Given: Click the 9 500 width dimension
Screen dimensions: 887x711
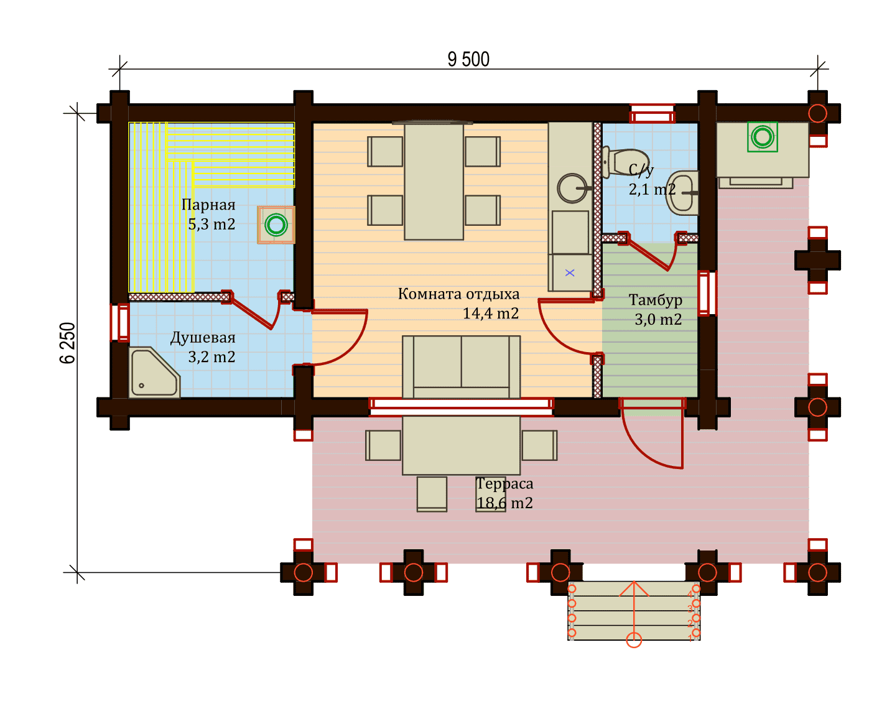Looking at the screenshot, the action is [468, 59].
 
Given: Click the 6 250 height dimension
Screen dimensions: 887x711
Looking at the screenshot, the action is [68, 343].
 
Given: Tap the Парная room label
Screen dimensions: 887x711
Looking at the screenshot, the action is [208, 205].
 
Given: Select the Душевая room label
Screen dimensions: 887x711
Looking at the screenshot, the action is [203, 338].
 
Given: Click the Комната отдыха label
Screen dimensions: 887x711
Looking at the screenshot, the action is [458, 294].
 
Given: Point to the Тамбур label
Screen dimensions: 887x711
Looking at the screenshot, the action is [656, 300].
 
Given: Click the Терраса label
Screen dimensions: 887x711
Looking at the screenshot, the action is [504, 483].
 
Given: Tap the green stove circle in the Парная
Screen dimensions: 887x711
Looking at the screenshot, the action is [276, 225].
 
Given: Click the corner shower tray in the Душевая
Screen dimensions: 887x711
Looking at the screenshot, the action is [154, 373].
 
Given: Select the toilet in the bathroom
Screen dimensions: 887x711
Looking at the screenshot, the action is [625, 162].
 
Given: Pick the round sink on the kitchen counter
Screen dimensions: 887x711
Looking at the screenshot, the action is [572, 188].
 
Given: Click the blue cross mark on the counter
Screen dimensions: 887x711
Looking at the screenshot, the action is [570, 272].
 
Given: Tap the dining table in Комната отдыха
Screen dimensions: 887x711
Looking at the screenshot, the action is [434, 182].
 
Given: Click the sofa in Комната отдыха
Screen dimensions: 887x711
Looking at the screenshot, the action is [461, 367].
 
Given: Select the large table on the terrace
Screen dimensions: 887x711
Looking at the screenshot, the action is [461, 445].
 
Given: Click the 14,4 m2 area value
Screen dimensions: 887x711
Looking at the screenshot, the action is [491, 314].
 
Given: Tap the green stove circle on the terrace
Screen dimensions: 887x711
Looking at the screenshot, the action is [762, 137].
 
